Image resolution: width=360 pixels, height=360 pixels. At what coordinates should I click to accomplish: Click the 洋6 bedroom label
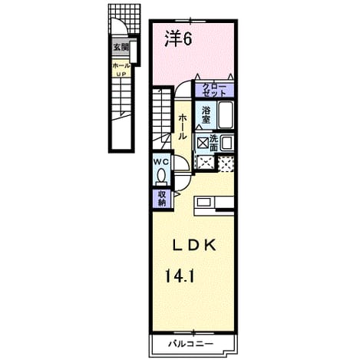pyautogui.click(x=178, y=38)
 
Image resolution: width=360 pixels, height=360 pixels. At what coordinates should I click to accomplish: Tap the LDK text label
pyautogui.click(x=195, y=245)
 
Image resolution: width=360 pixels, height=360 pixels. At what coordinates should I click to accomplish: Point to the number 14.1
pyautogui.click(x=180, y=276)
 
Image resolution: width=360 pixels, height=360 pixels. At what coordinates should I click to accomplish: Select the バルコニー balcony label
pyautogui.click(x=190, y=343)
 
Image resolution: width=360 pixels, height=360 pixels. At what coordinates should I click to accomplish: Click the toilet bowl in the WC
pyautogui.click(x=161, y=177)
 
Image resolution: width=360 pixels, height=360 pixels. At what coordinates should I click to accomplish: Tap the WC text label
pyautogui.click(x=161, y=162)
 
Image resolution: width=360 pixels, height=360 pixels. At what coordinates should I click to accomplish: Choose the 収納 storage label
pyautogui.click(x=162, y=199)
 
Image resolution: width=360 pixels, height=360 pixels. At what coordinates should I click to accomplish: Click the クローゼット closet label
pyautogui.click(x=214, y=90)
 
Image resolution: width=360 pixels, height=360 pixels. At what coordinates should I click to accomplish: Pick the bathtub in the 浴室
pyautogui.click(x=225, y=115)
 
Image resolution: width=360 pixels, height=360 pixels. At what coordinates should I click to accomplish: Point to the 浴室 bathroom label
pyautogui.click(x=206, y=115)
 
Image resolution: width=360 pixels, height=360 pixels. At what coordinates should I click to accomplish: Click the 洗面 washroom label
pyautogui.click(x=213, y=143)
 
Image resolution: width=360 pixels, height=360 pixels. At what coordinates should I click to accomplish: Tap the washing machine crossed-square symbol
pyautogui.click(x=203, y=143)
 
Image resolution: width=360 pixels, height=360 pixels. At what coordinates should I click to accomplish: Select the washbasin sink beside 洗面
pyautogui.click(x=226, y=143)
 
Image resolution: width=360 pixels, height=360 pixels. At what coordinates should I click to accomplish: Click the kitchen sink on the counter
pyautogui.click(x=204, y=203)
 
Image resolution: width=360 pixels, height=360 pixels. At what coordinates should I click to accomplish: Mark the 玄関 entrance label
pyautogui.click(x=121, y=47)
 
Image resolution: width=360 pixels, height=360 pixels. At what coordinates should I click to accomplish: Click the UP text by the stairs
pyautogui.click(x=121, y=74)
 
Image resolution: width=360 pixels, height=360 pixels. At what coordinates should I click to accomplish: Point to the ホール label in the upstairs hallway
pyautogui.click(x=183, y=127)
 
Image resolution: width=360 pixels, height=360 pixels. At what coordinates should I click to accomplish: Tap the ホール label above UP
pyautogui.click(x=121, y=66)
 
